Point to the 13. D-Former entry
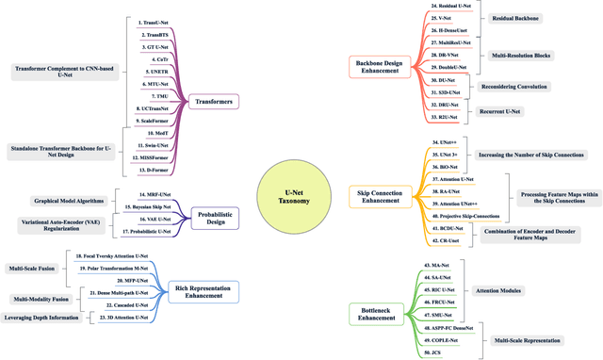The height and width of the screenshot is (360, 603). point(155,171)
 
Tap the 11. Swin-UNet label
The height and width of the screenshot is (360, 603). point(155,146)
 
